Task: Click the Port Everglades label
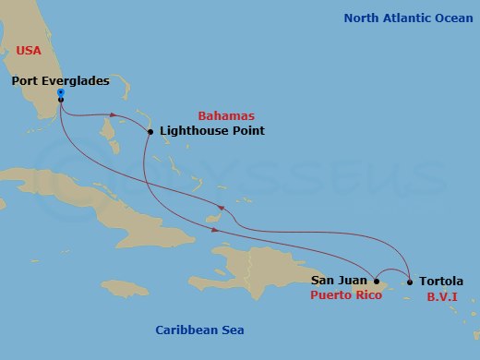point(61,80)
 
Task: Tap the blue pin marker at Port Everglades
point(60,93)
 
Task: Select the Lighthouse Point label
point(211,131)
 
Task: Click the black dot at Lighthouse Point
point(150,132)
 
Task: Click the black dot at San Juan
point(376,281)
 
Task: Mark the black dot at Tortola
point(409,282)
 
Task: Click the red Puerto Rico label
point(344,297)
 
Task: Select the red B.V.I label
point(442,297)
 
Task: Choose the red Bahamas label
point(226,114)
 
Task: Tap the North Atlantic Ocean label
point(407,18)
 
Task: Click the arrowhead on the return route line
point(220,207)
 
